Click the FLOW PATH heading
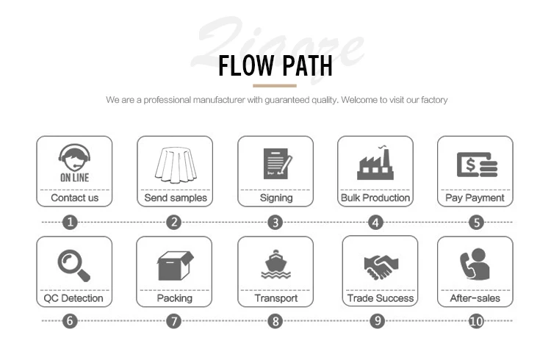click(x=275, y=66)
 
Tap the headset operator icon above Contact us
click(x=74, y=164)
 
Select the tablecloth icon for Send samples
click(x=175, y=163)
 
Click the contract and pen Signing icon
click(x=276, y=164)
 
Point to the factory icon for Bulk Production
click(x=375, y=163)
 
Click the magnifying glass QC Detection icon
click(x=74, y=264)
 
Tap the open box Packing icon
click(x=175, y=264)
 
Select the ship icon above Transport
click(x=276, y=264)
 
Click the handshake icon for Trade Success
click(x=380, y=265)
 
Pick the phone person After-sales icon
click(x=475, y=264)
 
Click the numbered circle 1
click(x=71, y=222)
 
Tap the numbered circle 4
click(x=375, y=222)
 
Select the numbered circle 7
click(x=173, y=321)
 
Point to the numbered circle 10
click(x=476, y=321)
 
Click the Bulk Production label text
click(x=375, y=198)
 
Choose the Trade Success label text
click(x=380, y=298)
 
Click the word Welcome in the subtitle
click(x=358, y=99)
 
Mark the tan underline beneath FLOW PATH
click(x=274, y=86)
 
